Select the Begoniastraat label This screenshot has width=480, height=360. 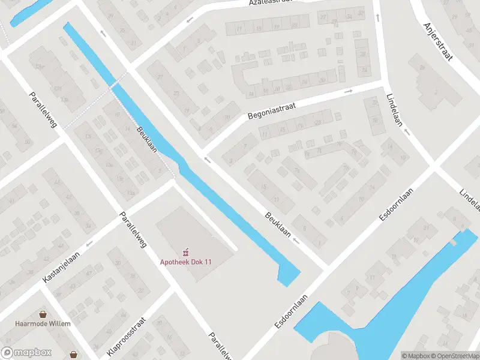pyautogui.click(x=272, y=110)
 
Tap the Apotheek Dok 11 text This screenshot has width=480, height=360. pyautogui.click(x=186, y=262)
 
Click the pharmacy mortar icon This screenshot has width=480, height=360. pyautogui.click(x=186, y=251)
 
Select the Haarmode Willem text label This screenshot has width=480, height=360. pyautogui.click(x=43, y=323)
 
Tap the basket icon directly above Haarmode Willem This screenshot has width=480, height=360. pyautogui.click(x=43, y=314)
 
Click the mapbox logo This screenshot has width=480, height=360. pyautogui.click(x=26, y=353)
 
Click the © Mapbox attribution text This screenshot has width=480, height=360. pyautogui.click(x=416, y=356)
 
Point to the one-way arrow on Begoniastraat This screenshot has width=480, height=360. pyautogui.click(x=348, y=92)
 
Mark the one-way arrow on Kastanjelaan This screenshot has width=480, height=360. pyautogui.click(x=89, y=244)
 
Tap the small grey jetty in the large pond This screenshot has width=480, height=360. pyautogui.click(x=454, y=242)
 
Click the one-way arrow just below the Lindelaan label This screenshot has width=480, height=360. pyautogui.click(x=407, y=131)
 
